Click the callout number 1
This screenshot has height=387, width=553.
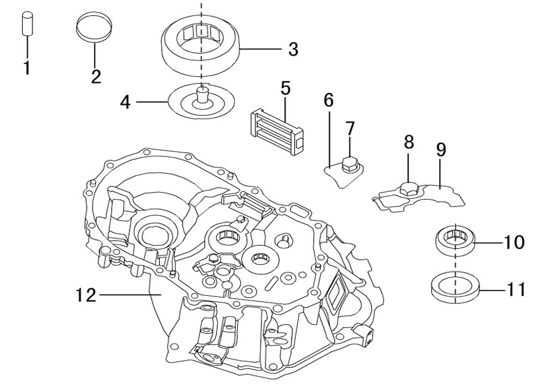coord(27,67)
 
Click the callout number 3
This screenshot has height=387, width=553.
coord(293,49)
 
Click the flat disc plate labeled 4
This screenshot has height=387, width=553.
coord(201,102)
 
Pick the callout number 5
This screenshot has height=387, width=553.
coord(285,88)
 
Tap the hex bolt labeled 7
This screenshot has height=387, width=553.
coord(350,165)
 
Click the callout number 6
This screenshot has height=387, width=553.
coord(328,101)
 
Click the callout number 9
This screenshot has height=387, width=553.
coord(441,150)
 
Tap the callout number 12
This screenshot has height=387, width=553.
coord(86,295)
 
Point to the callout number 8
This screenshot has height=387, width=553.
coord(409,142)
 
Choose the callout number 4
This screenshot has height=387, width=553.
coord(126,102)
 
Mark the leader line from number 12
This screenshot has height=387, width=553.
coord(131,294)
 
